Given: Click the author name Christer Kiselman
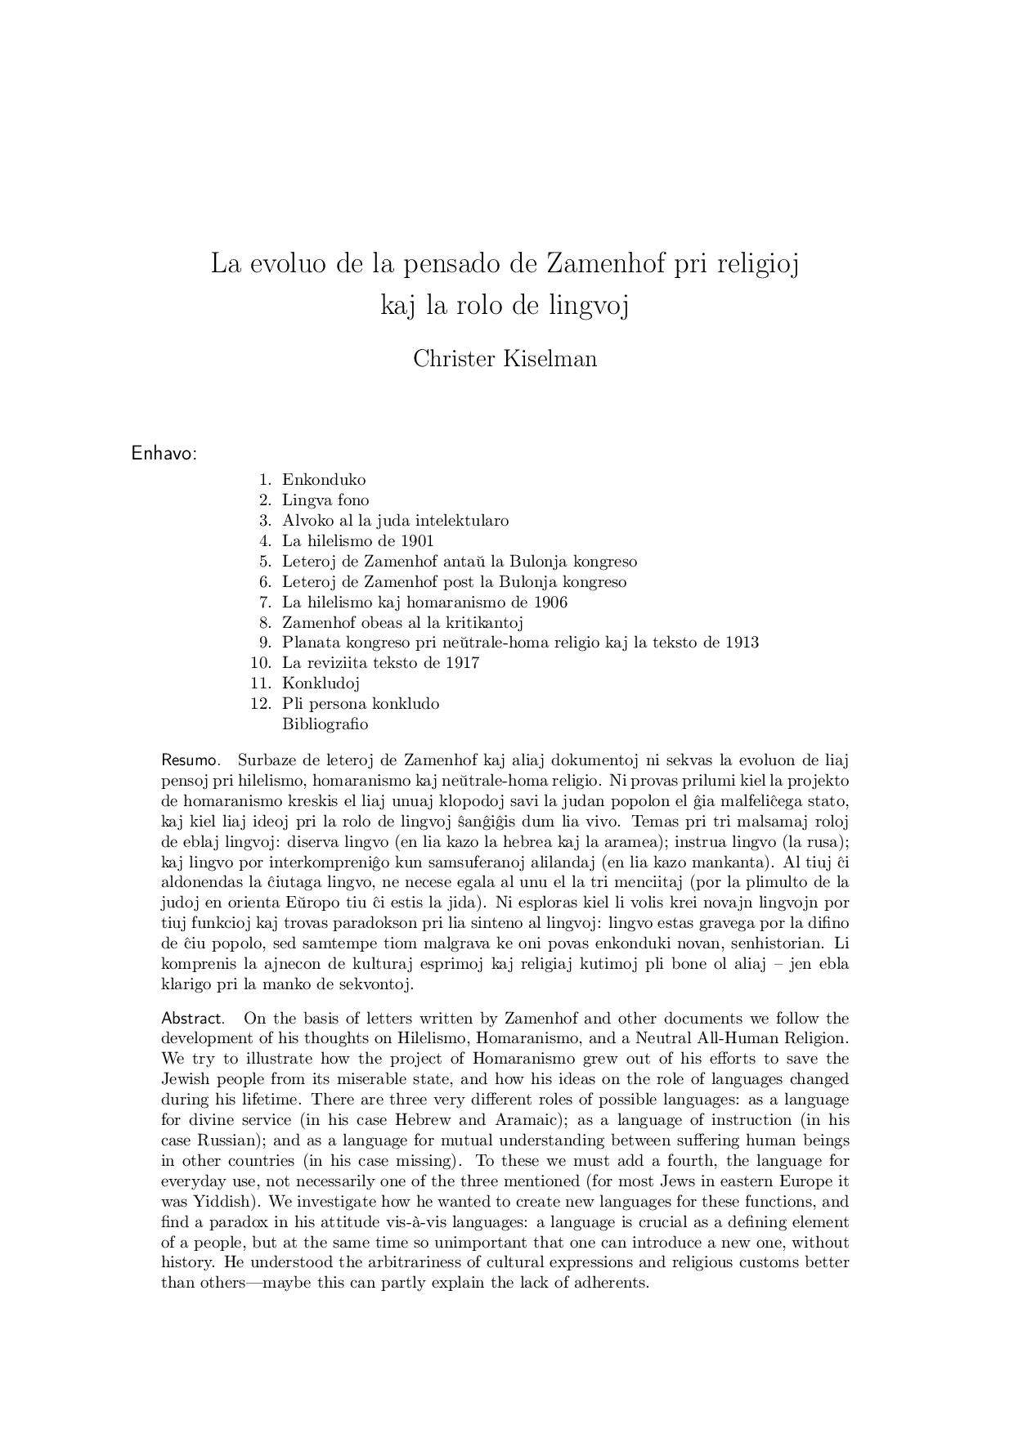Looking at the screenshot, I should click(505, 359).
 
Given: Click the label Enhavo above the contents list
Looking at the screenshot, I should click(164, 454).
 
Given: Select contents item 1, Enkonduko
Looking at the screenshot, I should click(324, 480).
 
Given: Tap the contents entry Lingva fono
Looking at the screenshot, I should click(325, 500).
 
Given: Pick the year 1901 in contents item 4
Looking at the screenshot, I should click(417, 541).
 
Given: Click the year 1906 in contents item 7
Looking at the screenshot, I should click(550, 603).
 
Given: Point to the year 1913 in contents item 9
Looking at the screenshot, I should click(742, 643).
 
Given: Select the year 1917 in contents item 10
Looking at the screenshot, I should click(462, 663).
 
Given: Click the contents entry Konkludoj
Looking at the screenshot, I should click(321, 683).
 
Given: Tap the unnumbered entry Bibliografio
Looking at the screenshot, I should click(325, 724).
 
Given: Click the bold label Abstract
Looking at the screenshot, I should click(192, 1019).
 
